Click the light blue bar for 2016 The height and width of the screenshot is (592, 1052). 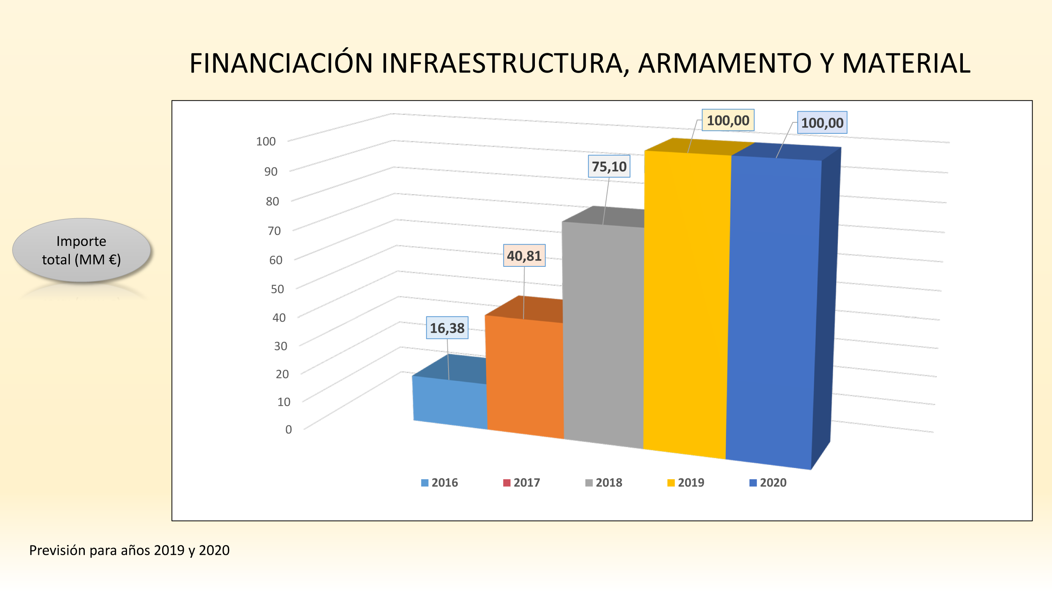[x=449, y=403]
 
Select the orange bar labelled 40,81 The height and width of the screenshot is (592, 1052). [x=525, y=376]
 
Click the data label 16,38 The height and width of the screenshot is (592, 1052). [x=447, y=328]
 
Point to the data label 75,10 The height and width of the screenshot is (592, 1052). [x=609, y=167]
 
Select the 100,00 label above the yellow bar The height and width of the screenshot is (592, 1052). [x=728, y=120]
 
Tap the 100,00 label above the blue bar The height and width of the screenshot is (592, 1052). [x=822, y=123]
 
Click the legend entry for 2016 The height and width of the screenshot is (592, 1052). [x=439, y=483]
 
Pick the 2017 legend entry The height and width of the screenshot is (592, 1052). [x=521, y=483]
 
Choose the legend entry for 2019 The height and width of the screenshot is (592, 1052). [x=686, y=483]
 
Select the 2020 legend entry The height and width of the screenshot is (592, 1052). [x=768, y=483]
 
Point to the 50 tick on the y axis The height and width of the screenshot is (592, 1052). [x=277, y=289]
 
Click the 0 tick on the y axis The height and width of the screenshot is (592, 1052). [x=288, y=429]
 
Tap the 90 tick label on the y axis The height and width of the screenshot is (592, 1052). [x=271, y=172]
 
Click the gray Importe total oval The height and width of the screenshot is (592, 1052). [x=82, y=250]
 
